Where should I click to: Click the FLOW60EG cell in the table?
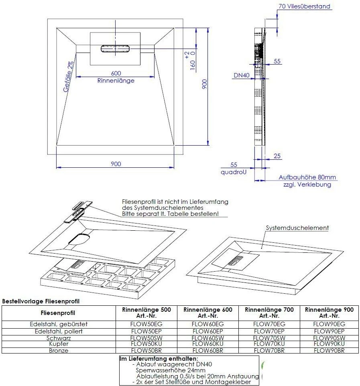[208, 324]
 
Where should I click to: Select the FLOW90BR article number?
[329, 351]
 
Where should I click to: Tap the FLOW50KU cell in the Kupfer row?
[146, 344]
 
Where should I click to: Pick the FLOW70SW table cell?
[269, 338]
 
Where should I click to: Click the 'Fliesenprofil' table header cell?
[58, 313]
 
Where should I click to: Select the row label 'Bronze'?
[59, 351]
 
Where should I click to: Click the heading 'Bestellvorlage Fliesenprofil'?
[41, 301]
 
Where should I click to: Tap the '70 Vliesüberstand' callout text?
[304, 6]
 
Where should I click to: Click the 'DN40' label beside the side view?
[242, 75]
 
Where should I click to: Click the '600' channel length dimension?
[116, 73]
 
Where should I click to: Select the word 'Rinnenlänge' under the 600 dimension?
[116, 81]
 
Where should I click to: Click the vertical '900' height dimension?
[204, 84]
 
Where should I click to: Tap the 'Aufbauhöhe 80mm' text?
[307, 177]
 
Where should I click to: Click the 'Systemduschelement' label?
[297, 228]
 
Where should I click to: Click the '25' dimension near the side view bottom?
[277, 156]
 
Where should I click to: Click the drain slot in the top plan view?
[115, 48]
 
